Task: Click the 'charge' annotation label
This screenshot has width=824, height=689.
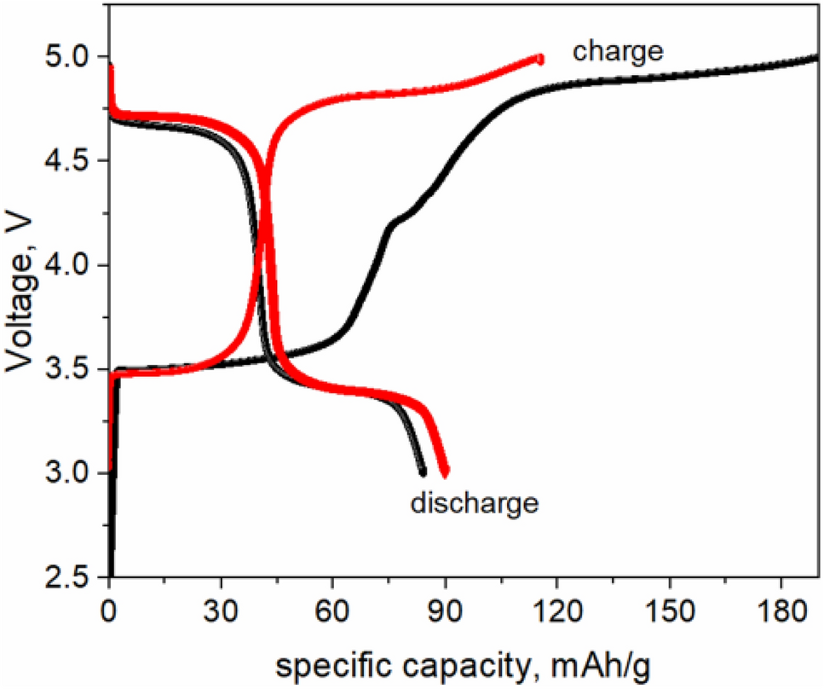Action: pyautogui.click(x=618, y=51)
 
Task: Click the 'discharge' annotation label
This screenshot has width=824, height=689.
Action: pyautogui.click(x=475, y=503)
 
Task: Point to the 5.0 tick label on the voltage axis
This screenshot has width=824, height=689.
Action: pyautogui.click(x=67, y=58)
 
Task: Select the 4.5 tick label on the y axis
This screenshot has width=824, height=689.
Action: pyautogui.click(x=67, y=162)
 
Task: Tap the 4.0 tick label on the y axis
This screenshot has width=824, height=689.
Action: pyautogui.click(x=67, y=266)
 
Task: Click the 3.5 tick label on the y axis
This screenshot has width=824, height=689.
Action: pyautogui.click(x=67, y=370)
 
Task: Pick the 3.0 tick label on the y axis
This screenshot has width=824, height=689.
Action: pyautogui.click(x=67, y=474)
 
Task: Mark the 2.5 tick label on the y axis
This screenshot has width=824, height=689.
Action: pyautogui.click(x=67, y=578)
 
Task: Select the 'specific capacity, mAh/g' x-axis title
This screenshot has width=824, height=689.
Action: pyautogui.click(x=464, y=663)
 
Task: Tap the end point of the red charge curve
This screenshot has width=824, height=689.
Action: pyautogui.click(x=539, y=58)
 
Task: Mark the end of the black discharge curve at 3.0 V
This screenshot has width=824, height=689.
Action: pyautogui.click(x=422, y=472)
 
